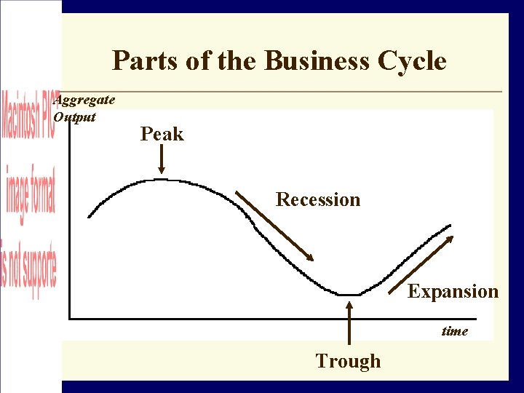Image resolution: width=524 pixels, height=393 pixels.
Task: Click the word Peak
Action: pos(162,134)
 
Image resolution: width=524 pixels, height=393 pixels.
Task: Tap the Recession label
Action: pos(318,199)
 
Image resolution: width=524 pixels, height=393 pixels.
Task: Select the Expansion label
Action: pos(453,292)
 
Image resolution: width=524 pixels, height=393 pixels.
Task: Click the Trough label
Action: pos(348,361)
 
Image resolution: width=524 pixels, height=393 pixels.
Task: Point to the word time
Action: pos(455,331)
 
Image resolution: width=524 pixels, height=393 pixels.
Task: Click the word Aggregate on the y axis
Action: pos(84,100)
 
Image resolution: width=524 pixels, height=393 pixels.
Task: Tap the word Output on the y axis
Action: pos(75,116)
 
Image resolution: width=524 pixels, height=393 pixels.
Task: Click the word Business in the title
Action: pos(317,60)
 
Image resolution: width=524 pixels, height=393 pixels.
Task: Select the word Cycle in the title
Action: pos(412,60)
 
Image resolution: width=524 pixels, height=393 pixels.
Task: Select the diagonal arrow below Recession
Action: pos(274,226)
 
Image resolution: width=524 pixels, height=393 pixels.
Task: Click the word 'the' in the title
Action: pos(235,60)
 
